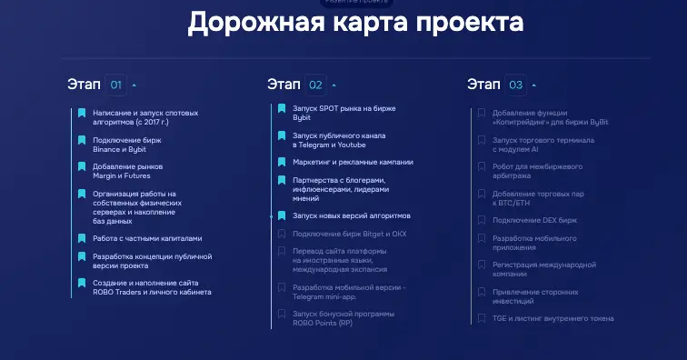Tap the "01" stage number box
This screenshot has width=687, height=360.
(x=115, y=85)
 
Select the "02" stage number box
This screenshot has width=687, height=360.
(x=315, y=85)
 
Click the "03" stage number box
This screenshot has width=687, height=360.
(x=515, y=85)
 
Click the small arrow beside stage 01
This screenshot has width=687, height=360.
(x=134, y=85)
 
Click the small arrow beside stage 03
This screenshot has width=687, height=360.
(x=534, y=85)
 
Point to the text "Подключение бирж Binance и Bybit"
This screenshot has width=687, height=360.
(x=119, y=145)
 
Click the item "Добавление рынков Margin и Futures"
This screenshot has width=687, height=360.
(x=127, y=171)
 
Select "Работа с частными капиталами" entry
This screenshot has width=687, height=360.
(x=146, y=238)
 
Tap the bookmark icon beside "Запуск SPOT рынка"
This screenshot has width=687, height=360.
(x=282, y=109)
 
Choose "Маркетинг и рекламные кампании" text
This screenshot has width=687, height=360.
(x=352, y=162)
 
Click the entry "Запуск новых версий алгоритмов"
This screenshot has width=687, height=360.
(x=351, y=215)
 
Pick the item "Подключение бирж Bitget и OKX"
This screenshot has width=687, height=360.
(x=349, y=234)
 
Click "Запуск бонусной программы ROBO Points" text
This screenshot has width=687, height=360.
(x=343, y=318)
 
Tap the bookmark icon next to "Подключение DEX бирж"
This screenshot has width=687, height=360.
(x=482, y=220)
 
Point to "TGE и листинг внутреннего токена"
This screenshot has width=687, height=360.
(x=553, y=318)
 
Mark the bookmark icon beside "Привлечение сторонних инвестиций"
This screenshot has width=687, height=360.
(x=482, y=292)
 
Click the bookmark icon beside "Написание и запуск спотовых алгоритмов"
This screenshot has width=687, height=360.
(x=82, y=113)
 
